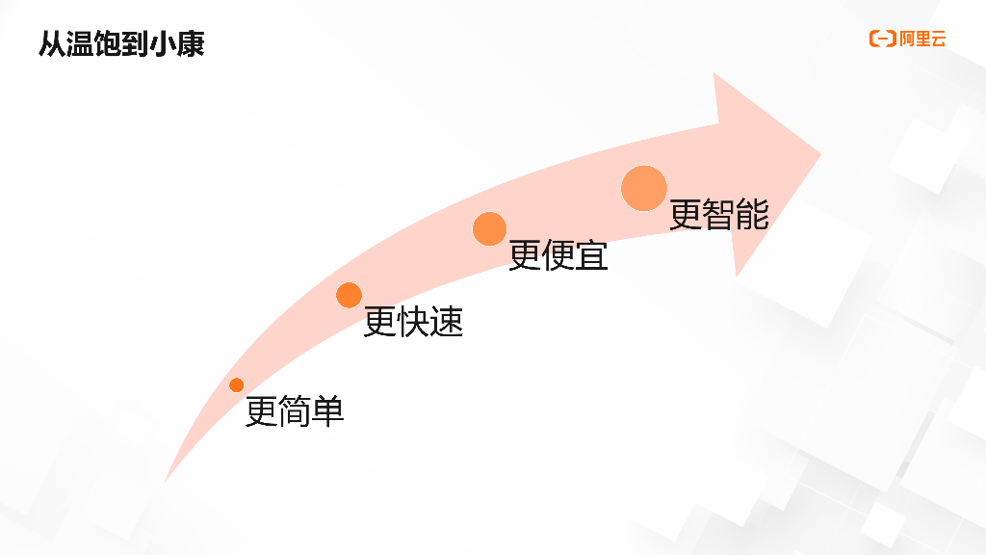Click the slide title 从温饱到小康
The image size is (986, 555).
click(x=121, y=44)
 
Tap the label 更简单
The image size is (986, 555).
click(x=295, y=411)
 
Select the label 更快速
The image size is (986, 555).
click(x=413, y=322)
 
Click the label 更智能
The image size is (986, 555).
click(x=718, y=214)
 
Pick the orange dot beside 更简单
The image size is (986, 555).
click(x=237, y=385)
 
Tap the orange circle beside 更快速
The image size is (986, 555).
click(x=349, y=295)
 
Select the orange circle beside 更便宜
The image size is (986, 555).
click(x=489, y=228)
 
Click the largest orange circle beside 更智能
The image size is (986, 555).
click(x=643, y=188)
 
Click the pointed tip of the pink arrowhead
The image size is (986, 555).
click(x=819, y=154)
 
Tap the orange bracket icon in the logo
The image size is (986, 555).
click(x=882, y=39)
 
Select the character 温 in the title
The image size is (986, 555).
click(x=80, y=44)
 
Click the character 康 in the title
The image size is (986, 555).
click(x=191, y=44)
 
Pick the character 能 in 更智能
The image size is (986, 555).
click(x=752, y=214)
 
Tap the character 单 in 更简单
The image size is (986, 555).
click(x=328, y=411)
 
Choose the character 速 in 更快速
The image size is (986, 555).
click(x=447, y=322)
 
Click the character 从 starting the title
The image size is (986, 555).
click(x=51, y=44)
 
